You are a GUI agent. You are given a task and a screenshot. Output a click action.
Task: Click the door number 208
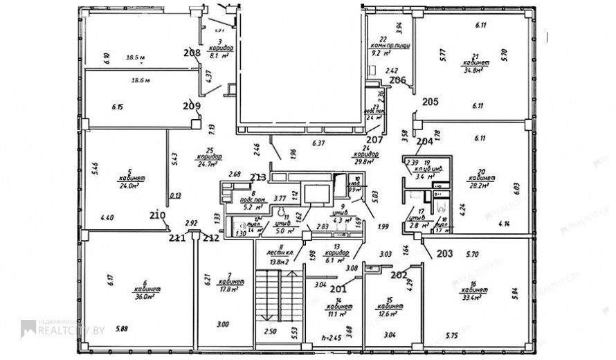pyautogui.click(x=192, y=53)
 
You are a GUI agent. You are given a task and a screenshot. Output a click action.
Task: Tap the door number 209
pyautogui.click(x=192, y=107)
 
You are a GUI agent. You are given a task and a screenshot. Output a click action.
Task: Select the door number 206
pyautogui.click(x=397, y=80)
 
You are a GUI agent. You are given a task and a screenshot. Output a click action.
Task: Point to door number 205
pyautogui.click(x=431, y=102)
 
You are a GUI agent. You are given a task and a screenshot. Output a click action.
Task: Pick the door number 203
pyautogui.click(x=444, y=253)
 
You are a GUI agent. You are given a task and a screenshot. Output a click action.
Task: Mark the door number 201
pyautogui.click(x=338, y=289)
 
